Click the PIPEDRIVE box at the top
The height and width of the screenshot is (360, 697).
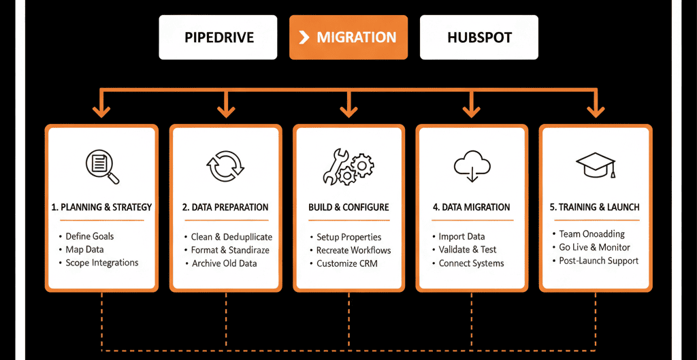tap(218, 37)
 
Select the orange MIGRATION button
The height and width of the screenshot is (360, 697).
tap(348, 37)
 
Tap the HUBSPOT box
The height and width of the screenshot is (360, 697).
tap(479, 37)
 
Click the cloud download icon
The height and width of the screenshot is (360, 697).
tap(471, 166)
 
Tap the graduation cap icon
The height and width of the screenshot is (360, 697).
tap(595, 165)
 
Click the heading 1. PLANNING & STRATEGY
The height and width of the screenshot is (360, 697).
tap(101, 207)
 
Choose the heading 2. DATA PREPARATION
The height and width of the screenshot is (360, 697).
tap(225, 207)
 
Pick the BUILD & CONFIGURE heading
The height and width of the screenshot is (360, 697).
tap(348, 207)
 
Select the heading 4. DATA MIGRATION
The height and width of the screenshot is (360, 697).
tap(471, 207)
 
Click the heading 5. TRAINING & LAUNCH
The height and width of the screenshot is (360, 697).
tap(595, 207)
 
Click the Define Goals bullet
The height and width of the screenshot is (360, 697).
tap(89, 236)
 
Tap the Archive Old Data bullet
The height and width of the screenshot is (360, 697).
tap(224, 263)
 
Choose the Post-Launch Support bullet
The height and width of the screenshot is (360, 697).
tap(598, 261)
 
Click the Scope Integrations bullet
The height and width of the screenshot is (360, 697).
tap(101, 263)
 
